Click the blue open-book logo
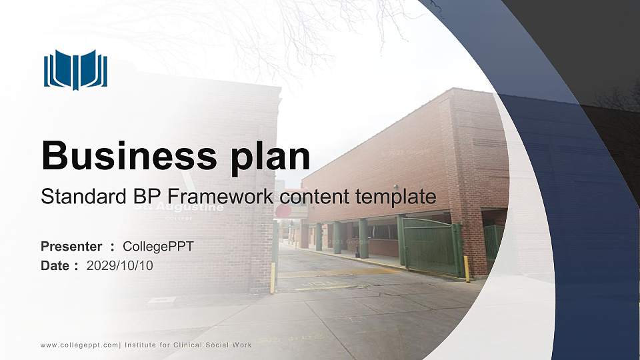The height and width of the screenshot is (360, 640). [75, 69]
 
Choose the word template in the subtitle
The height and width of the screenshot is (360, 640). [396, 197]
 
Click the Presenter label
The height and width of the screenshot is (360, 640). [71, 247]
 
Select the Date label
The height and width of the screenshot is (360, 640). [55, 265]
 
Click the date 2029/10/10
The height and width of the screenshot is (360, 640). [120, 265]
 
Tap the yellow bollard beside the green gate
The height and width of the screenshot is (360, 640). [466, 269]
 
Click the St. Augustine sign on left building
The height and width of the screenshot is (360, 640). [179, 208]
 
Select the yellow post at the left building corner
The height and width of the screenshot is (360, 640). [273, 277]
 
